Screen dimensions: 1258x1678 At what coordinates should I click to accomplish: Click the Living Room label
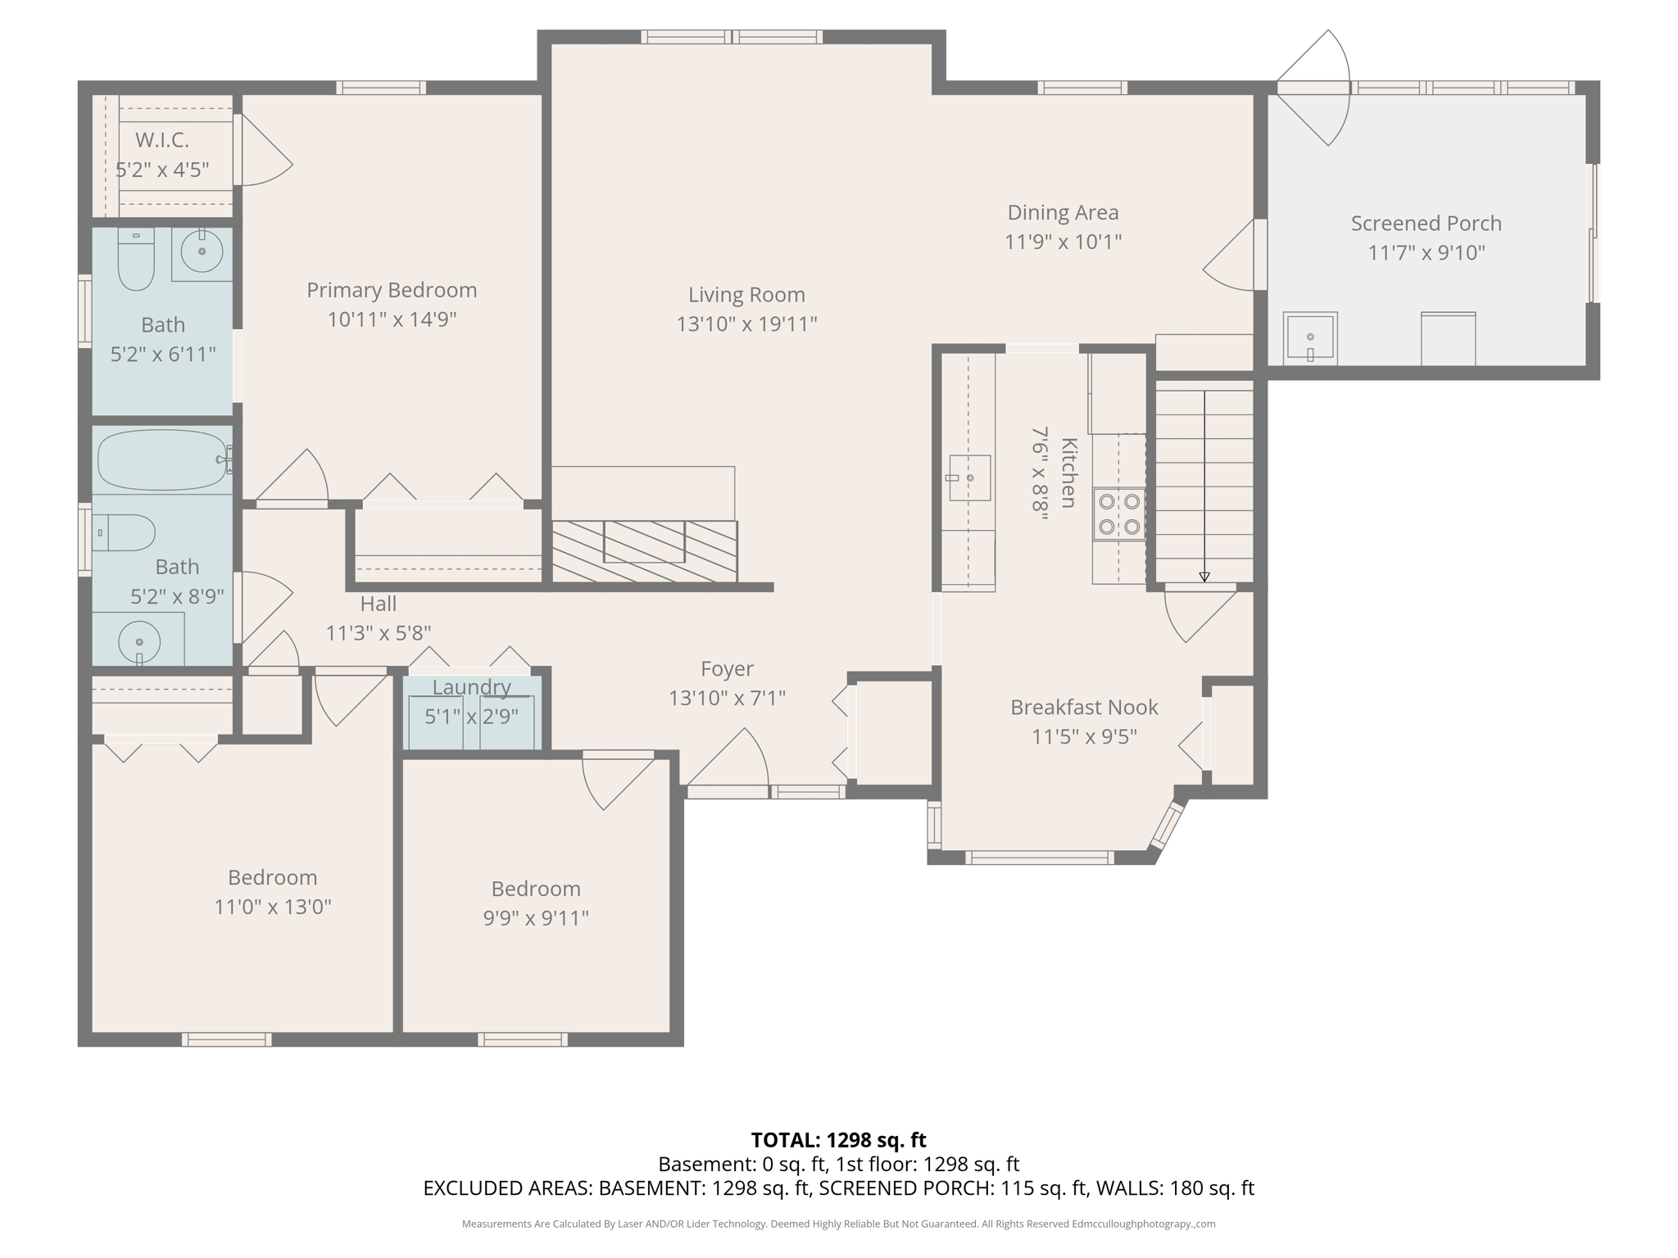click(x=746, y=295)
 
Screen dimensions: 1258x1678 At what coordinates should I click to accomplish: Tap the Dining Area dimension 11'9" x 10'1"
click(x=1063, y=242)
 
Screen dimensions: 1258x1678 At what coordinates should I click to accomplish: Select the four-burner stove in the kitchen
click(x=1119, y=514)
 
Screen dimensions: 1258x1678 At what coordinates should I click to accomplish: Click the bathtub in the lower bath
click(x=161, y=459)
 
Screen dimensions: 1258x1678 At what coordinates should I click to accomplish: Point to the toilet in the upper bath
click(x=136, y=260)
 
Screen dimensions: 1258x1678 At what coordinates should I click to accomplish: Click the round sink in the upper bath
click(x=202, y=251)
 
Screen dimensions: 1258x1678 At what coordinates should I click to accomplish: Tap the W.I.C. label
click(x=162, y=140)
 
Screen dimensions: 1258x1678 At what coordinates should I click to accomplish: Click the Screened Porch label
click(x=1426, y=224)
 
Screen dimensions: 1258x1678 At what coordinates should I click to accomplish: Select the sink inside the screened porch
click(x=1310, y=337)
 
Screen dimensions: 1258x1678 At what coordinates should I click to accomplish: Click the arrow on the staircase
click(x=1204, y=577)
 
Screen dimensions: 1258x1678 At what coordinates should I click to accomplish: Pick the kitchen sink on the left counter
click(x=968, y=477)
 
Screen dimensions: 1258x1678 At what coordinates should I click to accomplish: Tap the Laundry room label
click(x=471, y=688)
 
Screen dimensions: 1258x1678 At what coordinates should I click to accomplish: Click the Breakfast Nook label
click(x=1083, y=708)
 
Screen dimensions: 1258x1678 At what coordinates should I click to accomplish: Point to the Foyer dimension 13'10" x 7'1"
click(x=727, y=699)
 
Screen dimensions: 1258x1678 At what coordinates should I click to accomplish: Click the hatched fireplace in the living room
click(x=644, y=551)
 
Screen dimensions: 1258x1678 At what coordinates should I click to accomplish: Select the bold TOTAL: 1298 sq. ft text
click(x=838, y=1140)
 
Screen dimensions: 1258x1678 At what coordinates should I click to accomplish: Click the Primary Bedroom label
click(x=392, y=291)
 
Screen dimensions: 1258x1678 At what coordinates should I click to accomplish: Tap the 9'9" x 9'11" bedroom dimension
click(x=536, y=918)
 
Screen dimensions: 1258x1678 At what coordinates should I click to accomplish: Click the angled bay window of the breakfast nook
click(x=1168, y=825)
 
